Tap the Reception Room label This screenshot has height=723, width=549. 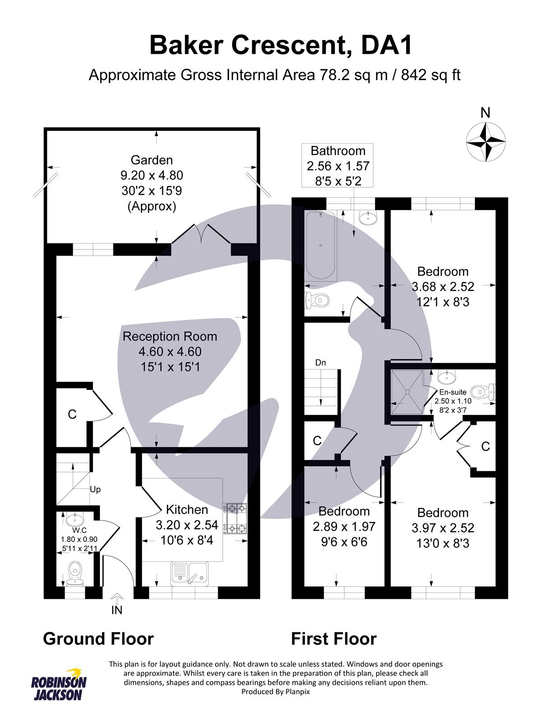coord(170,337)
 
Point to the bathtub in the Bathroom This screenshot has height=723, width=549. coord(321,245)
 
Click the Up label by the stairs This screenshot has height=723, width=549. coord(95,489)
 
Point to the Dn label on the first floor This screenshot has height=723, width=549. coord(320,362)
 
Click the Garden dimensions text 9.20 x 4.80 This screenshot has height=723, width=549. coord(152,175)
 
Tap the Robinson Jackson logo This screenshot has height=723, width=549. coord(59,685)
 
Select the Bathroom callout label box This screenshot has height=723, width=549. coord(338,165)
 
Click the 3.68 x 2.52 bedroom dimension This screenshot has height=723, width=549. coord(443,286)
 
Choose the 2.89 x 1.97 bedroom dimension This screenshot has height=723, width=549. coord(344,526)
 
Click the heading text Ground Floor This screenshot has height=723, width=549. coord(99,639)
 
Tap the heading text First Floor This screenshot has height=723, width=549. coord(333,639)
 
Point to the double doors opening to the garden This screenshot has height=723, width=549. coord(202,237)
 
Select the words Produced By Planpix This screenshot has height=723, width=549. coord(276,692)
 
